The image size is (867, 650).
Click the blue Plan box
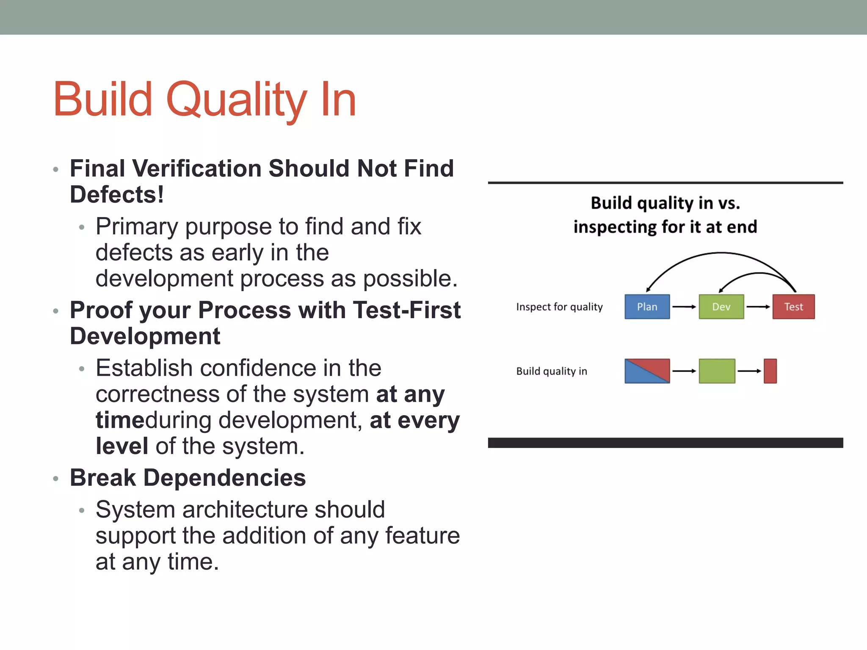tap(647, 306)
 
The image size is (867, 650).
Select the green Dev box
tap(721, 306)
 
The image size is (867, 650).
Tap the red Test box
tap(793, 306)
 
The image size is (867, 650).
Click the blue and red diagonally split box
tap(647, 371)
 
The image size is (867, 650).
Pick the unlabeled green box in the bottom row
tap(717, 371)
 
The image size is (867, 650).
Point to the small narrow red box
tap(770, 371)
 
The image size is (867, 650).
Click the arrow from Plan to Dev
tap(684, 306)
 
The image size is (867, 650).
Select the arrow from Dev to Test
tap(758, 306)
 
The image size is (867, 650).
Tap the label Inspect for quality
tap(559, 307)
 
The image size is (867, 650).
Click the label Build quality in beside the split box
tap(551, 371)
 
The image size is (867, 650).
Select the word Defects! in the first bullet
tap(117, 195)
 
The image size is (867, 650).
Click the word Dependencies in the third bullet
tap(224, 478)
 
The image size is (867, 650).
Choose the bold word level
tap(121, 446)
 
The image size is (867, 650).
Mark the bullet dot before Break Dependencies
tap(55, 479)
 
